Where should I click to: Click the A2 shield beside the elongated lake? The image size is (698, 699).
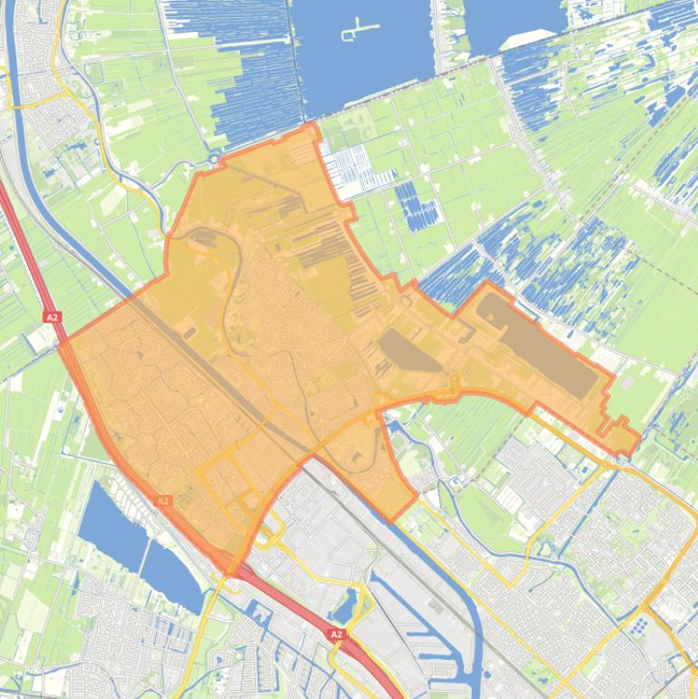click(163, 500)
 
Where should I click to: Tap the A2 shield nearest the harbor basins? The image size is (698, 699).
click(336, 634)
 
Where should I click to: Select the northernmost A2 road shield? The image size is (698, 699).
click(52, 317)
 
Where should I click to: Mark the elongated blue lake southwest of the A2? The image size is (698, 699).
click(136, 545)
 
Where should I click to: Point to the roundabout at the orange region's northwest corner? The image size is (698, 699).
click(214, 161)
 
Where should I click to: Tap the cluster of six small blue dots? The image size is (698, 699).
click(640, 625)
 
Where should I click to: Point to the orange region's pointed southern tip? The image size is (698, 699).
click(234, 572)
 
